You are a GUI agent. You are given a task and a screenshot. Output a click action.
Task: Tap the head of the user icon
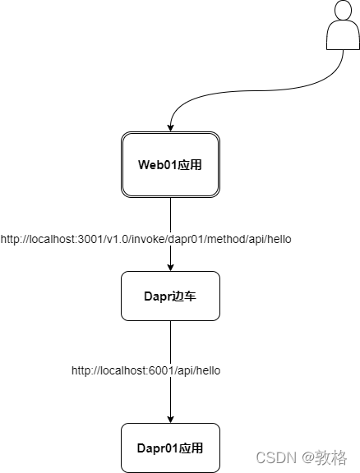tap(343, 11)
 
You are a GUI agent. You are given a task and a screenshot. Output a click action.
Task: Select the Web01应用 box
tap(170, 164)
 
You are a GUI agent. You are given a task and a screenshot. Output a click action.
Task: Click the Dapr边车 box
tap(170, 296)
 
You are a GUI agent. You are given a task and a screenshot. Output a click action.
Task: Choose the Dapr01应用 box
tap(170, 448)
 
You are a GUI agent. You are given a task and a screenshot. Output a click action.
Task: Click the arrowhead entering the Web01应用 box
tap(170, 126)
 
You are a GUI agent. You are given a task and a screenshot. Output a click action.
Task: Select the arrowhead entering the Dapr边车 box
tap(170, 266)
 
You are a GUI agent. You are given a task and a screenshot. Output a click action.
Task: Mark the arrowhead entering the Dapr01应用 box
tap(170, 418)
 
